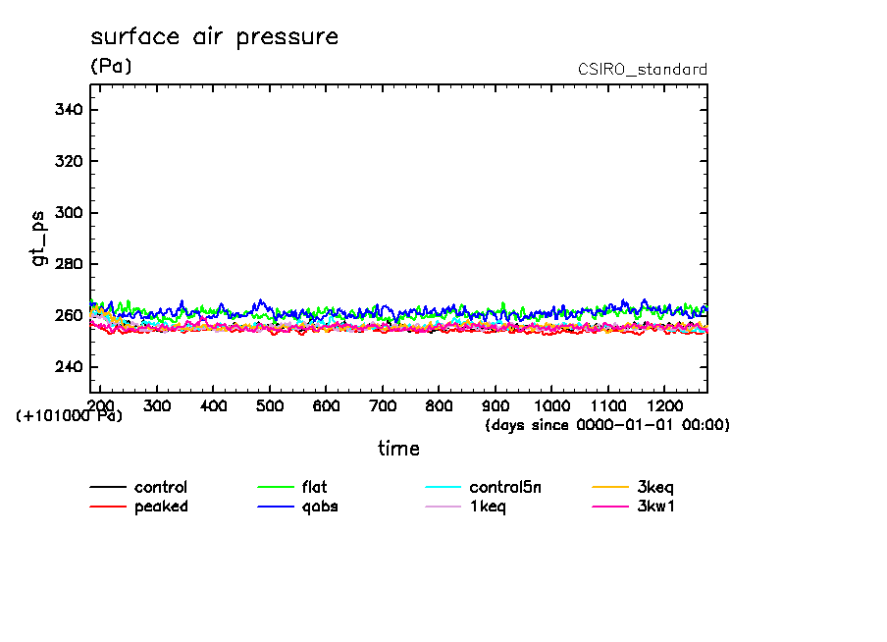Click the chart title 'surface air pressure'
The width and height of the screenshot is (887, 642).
[x=214, y=37]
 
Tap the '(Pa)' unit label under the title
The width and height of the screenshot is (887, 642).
[x=111, y=67]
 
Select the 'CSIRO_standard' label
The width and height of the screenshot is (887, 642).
[x=643, y=70]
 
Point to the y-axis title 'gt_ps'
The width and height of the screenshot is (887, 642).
[x=38, y=239]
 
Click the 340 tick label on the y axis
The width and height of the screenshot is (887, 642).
[x=68, y=110]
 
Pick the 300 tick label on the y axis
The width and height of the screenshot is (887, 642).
[x=68, y=213]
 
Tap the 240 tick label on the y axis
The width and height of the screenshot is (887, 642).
[x=68, y=367]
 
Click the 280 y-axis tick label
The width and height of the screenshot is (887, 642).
[x=68, y=264]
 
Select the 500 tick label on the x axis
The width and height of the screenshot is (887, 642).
[x=270, y=405]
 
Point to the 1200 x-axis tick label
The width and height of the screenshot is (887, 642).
[x=664, y=405]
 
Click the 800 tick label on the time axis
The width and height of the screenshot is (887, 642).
[x=439, y=405]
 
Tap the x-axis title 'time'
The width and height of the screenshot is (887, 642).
[x=398, y=449]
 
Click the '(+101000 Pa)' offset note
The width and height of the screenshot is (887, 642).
[x=69, y=416]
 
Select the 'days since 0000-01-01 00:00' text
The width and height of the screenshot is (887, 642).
[x=607, y=425]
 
